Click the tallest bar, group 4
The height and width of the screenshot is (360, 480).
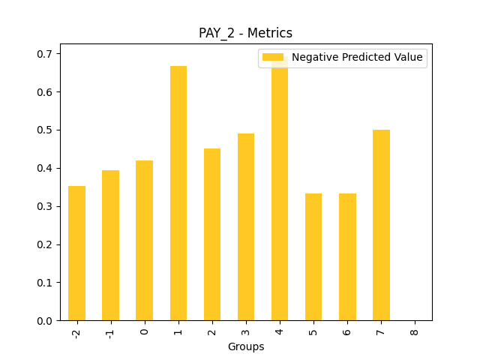click(x=280, y=195)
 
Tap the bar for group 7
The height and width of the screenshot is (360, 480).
click(x=381, y=225)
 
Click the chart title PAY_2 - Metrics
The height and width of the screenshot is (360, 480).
click(x=245, y=33)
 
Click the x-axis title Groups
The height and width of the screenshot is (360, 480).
click(x=246, y=346)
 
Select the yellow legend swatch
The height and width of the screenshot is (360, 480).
click(x=273, y=58)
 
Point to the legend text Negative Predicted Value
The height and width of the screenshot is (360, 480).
click(x=357, y=58)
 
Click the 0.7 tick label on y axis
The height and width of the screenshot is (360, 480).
click(x=46, y=54)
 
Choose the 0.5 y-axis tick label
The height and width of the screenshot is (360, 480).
click(x=46, y=130)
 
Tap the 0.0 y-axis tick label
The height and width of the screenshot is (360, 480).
click(x=46, y=321)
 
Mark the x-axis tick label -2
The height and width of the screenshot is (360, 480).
click(x=76, y=331)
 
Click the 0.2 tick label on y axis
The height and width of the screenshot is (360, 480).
click(x=46, y=244)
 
